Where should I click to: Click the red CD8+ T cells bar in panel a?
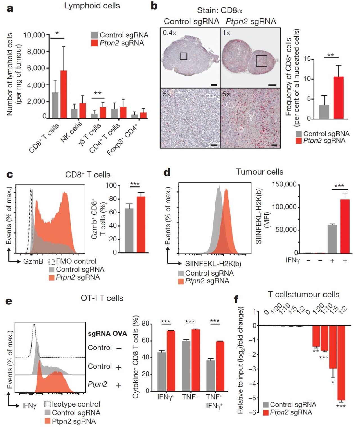click(x=64, y=94)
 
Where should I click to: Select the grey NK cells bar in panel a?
click(x=74, y=114)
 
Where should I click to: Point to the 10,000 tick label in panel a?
click(x=34, y=35)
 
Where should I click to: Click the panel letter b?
click(x=154, y=6)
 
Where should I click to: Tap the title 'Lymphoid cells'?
click(x=92, y=6)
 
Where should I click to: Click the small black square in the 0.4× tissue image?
click(x=183, y=56)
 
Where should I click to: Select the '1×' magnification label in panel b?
click(x=226, y=33)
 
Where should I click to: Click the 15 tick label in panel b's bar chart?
click(x=307, y=59)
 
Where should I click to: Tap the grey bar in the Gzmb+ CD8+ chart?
click(x=129, y=231)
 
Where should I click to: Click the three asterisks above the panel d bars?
click(x=339, y=186)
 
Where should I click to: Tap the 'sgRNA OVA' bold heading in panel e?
click(x=107, y=334)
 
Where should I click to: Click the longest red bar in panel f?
click(x=341, y=363)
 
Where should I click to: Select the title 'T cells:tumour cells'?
click(x=303, y=295)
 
